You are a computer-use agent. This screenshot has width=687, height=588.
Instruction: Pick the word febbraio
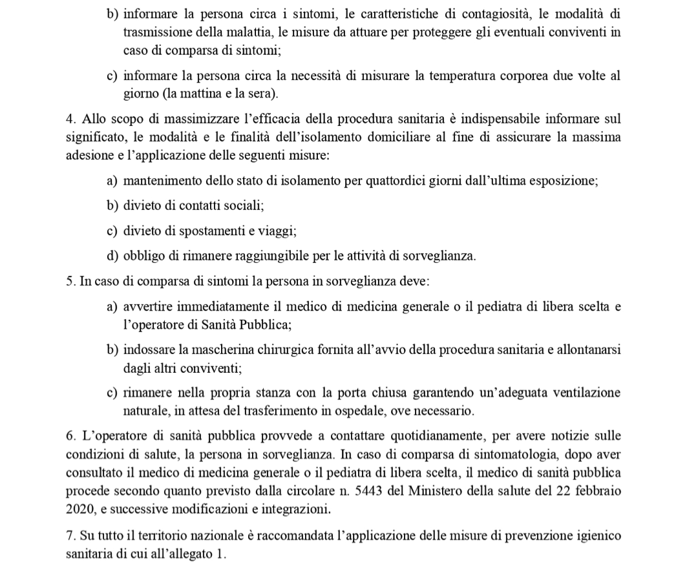[x=597, y=490]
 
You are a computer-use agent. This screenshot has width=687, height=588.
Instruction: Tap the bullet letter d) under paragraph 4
[x=112, y=256]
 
